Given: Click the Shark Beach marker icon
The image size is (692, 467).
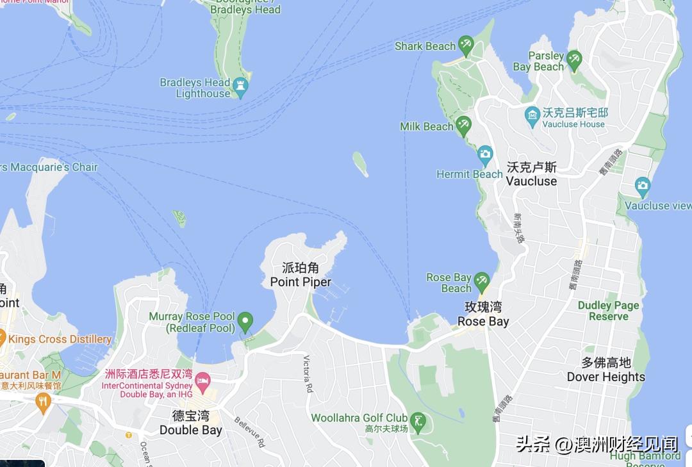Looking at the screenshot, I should click(x=466, y=45).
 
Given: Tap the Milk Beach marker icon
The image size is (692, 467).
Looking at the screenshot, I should click(x=463, y=124).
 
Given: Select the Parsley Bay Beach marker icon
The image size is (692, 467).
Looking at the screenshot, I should click(x=573, y=59).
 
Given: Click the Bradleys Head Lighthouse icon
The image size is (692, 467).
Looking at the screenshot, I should click(x=240, y=87).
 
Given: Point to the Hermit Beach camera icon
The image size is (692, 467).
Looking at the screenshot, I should click(x=485, y=154).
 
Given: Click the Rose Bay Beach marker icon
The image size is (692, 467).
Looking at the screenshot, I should click(x=481, y=281).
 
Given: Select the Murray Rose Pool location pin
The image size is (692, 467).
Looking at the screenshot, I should click(x=245, y=320).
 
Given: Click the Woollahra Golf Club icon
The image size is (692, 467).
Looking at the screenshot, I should click(x=418, y=421).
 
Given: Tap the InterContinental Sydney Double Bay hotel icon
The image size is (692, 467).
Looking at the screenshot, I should click(x=202, y=382).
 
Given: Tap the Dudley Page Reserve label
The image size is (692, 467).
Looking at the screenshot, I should click(x=609, y=311).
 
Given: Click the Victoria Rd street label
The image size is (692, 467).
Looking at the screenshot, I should click(x=307, y=373).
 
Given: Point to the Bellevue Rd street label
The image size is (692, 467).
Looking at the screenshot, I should click(x=249, y=431).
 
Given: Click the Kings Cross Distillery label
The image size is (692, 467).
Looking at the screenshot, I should click(x=60, y=339).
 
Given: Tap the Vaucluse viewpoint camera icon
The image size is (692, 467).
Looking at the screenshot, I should click(x=642, y=187).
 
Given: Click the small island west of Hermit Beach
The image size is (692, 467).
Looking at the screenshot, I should click(x=360, y=164).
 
